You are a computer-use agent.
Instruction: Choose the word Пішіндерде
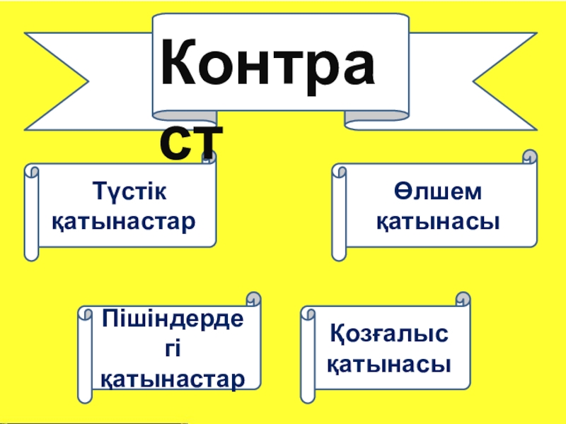[173, 317]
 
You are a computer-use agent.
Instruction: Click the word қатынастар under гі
[173, 377]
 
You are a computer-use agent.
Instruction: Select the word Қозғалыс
[390, 334]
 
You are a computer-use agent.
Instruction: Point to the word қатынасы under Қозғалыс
[390, 364]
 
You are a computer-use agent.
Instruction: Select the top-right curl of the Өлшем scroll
[529, 158]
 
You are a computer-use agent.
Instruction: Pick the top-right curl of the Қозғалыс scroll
[463, 299]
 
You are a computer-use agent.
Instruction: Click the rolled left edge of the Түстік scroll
[31, 211]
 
